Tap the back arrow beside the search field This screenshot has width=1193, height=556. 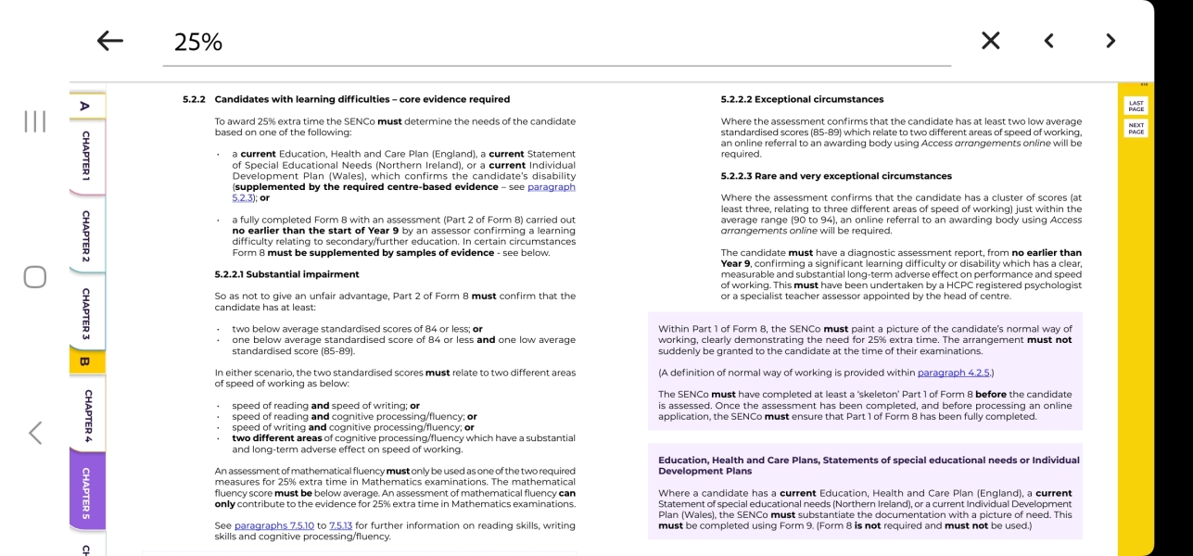(109, 41)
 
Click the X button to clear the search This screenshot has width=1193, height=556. (990, 41)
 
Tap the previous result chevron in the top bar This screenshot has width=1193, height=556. (1048, 41)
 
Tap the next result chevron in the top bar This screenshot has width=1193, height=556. (1111, 41)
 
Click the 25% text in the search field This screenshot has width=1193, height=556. (198, 42)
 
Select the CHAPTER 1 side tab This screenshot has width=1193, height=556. (86, 155)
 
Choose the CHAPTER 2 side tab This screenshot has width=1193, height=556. (86, 235)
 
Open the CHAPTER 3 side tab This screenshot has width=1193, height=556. (86, 313)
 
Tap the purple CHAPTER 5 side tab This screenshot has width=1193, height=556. (86, 491)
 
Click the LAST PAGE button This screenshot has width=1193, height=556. (1136, 107)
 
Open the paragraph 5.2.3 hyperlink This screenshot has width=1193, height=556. (551, 187)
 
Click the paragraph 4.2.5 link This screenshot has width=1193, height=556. (953, 373)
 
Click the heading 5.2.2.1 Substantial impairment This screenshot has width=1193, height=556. (286, 274)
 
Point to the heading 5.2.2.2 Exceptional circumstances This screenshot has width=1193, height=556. (802, 99)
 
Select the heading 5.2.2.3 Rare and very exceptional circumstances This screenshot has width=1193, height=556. (836, 176)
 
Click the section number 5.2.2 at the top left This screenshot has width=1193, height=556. (194, 99)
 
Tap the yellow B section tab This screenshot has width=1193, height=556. (85, 361)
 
